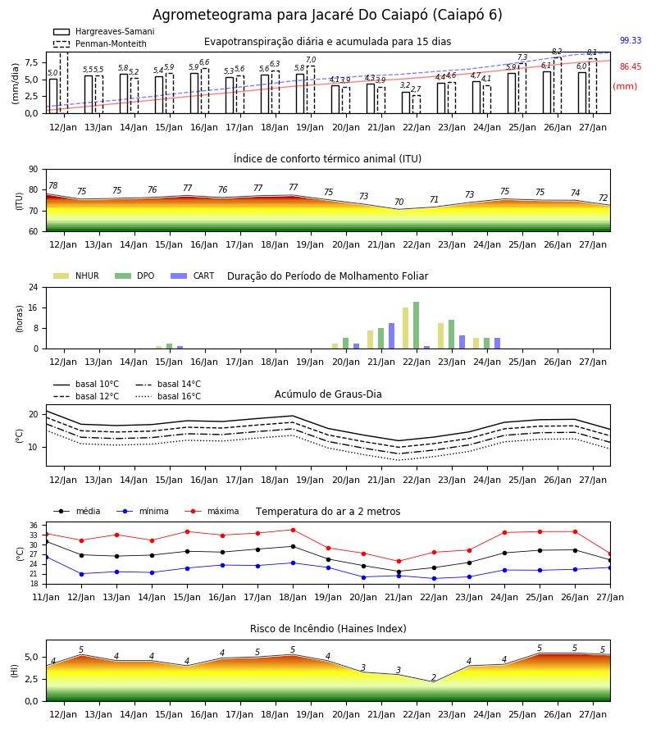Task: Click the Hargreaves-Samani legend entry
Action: [103, 31]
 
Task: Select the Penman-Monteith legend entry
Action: [100, 43]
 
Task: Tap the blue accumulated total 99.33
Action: [631, 40]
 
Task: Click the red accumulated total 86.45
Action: [631, 67]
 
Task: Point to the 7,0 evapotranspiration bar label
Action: [311, 60]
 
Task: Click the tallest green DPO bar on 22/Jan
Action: [416, 326]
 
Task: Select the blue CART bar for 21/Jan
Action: [391, 336]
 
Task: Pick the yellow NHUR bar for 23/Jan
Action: [441, 336]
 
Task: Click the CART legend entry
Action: [192, 276]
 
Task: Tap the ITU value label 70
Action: [399, 202]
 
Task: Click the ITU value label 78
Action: [53, 185]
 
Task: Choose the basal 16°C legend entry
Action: [168, 396]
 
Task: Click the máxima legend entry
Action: [212, 511]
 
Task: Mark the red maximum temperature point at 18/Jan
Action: [294, 530]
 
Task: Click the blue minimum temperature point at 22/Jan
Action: [434, 578]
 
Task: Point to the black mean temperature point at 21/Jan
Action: [399, 572]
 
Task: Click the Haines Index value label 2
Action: [434, 677]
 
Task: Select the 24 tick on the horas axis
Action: [34, 287]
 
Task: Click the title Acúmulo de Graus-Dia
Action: [328, 394]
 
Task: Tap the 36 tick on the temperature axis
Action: [34, 526]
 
